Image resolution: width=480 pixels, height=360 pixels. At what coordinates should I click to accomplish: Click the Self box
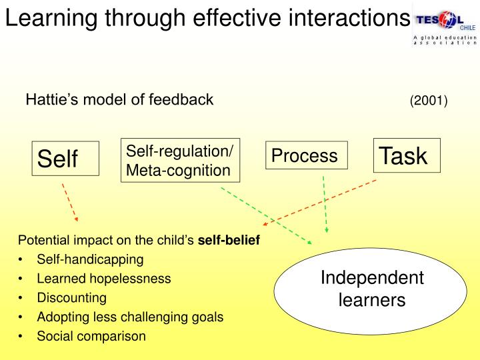(x=65, y=159)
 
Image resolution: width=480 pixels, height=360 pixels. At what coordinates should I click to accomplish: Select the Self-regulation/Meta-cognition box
(x=179, y=161)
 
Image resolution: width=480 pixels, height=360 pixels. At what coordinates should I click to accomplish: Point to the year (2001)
(x=429, y=101)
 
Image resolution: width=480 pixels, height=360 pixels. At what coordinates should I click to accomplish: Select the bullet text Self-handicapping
(x=90, y=259)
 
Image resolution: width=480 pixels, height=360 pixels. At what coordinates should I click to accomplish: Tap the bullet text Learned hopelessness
(x=104, y=278)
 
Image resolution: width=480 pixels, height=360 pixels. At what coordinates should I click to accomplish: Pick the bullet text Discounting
(x=71, y=297)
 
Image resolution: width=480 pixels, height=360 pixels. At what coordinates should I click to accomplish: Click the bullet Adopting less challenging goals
(x=130, y=317)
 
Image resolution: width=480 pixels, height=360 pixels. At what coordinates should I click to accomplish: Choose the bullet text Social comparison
(x=91, y=336)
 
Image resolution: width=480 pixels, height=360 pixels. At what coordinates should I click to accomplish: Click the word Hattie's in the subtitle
(x=48, y=100)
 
